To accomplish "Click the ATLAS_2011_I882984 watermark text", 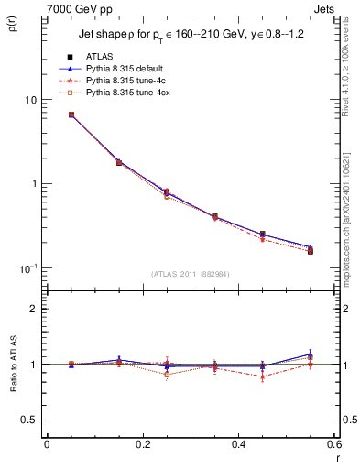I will point(190,274).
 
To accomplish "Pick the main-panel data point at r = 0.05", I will point(71,115).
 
